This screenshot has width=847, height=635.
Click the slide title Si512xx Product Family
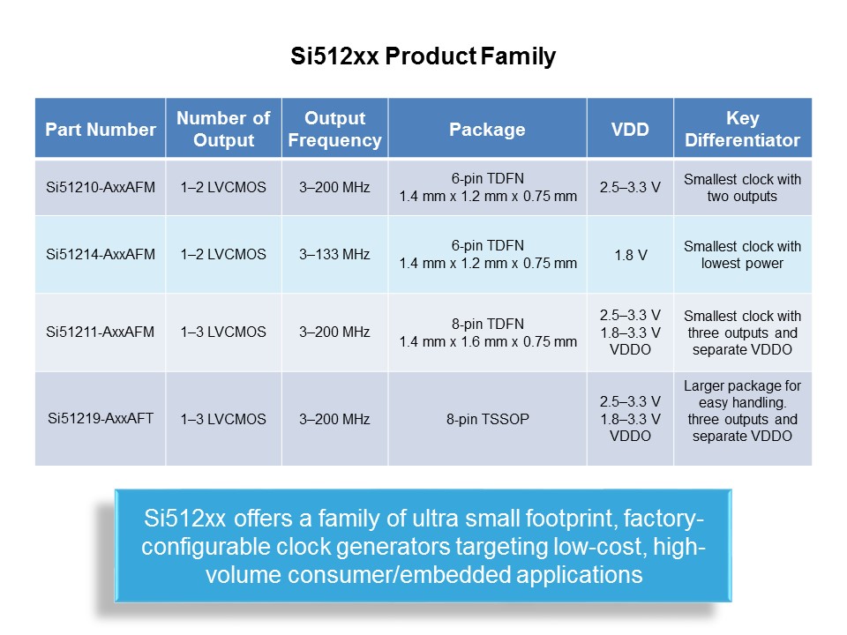[x=423, y=57]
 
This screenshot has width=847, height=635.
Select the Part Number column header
[x=100, y=130]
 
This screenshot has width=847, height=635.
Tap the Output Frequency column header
[x=334, y=130]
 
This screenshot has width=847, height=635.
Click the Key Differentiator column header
[x=742, y=130]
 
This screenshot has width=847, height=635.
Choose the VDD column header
[x=630, y=130]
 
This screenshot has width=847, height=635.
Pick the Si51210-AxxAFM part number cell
[x=101, y=187]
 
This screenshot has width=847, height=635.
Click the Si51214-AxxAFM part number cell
[x=101, y=254]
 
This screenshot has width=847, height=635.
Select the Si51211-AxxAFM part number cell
[x=101, y=332]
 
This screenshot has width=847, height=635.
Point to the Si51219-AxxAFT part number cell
[x=101, y=419]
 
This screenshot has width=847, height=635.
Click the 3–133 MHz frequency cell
[x=334, y=254]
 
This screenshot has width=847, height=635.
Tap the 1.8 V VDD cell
[x=630, y=255]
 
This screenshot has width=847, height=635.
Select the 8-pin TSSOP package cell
[x=487, y=419]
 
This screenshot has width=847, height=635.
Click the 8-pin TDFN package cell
[x=487, y=332]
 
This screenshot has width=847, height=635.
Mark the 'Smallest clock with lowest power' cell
[x=742, y=255]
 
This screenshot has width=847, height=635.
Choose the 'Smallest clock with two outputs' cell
[x=742, y=187]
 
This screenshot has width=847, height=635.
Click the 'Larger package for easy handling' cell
[x=742, y=411]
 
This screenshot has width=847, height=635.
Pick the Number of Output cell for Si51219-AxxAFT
[x=223, y=419]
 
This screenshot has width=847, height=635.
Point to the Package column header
[x=487, y=130]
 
